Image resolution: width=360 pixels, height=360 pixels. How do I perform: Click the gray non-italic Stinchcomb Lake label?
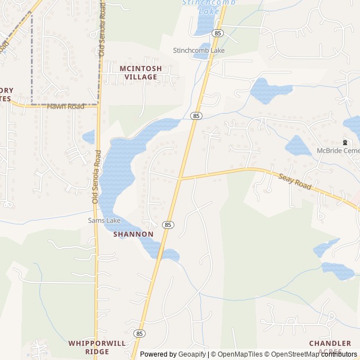pyautogui.click(x=199, y=51)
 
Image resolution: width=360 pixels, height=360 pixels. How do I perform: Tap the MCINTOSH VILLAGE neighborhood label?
pyautogui.click(x=141, y=73)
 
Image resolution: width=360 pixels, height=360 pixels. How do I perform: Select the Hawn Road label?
pyautogui.click(x=65, y=106)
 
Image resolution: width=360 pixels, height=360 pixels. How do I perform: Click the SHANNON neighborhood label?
pyautogui.click(x=133, y=234)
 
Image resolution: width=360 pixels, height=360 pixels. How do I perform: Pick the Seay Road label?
pyautogui.click(x=295, y=180)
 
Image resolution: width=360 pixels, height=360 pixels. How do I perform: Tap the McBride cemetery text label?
pyautogui.click(x=337, y=151)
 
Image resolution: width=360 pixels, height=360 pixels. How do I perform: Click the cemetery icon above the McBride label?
pyautogui.click(x=345, y=143)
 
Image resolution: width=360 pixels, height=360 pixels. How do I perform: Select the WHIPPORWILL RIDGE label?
pyautogui.click(x=97, y=346)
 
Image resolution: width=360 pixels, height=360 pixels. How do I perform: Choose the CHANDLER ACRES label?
pyautogui.click(x=330, y=346)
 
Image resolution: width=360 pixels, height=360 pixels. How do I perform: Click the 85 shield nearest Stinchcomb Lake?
pyautogui.click(x=218, y=34)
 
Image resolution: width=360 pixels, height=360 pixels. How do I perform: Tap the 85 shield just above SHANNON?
pyautogui.click(x=168, y=224)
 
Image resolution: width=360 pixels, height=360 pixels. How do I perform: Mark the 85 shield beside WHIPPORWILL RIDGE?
pyautogui.click(x=139, y=334)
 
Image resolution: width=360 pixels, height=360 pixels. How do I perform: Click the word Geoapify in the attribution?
pyautogui.click(x=192, y=354)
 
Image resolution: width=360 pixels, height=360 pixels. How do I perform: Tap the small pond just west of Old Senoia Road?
pyautogui.click(x=88, y=137)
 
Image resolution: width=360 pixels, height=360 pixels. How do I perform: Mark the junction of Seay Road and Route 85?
pyautogui.click(x=180, y=179)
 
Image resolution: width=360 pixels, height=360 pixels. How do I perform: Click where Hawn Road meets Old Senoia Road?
pyautogui.click(x=98, y=105)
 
